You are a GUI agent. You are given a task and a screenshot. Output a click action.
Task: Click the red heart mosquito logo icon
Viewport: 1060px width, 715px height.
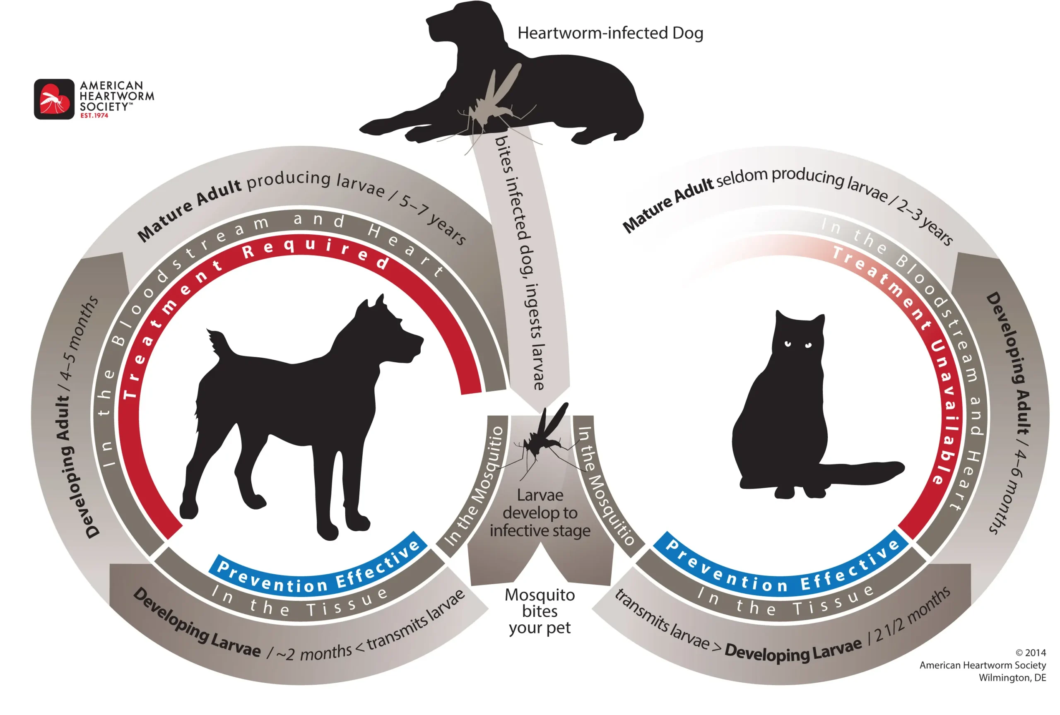[x=54, y=99]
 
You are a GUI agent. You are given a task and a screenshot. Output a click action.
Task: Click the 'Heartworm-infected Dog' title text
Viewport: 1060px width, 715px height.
[x=610, y=33]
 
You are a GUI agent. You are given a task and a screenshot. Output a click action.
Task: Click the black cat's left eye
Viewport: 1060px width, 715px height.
[x=788, y=343]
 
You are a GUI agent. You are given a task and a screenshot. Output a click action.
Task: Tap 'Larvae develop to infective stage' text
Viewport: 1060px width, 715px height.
[x=540, y=513]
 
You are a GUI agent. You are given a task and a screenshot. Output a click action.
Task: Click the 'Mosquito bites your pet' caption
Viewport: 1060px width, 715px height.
[x=540, y=611]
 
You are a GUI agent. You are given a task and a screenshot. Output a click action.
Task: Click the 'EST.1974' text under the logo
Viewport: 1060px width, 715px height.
[x=94, y=116]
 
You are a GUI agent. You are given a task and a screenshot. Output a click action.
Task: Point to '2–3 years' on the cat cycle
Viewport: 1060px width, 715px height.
[x=924, y=221]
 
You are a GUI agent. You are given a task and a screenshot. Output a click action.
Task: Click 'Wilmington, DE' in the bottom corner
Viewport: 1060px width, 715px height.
[x=1012, y=678]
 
